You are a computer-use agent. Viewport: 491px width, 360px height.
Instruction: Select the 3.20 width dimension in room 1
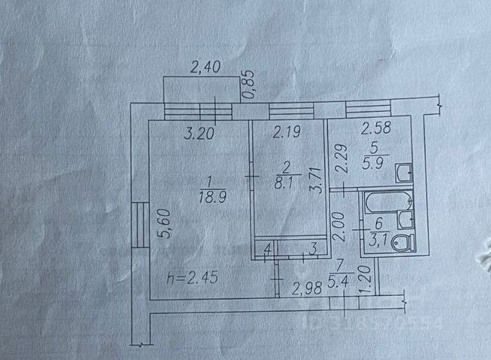click(x=199, y=137)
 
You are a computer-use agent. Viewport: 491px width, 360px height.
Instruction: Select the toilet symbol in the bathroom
click(x=405, y=244)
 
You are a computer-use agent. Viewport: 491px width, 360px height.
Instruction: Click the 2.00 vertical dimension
click(x=341, y=226)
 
